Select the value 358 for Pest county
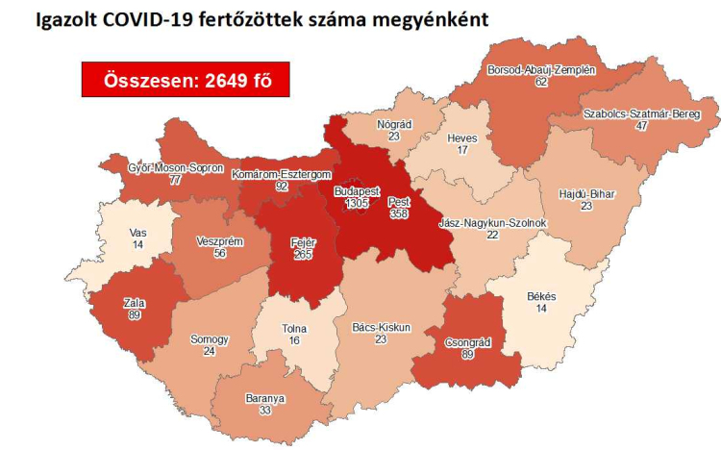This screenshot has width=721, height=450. click(399, 216)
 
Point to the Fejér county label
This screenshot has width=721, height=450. click(304, 242)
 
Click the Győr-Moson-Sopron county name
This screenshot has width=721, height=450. click(176, 166)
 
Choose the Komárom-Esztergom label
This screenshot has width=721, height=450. click(282, 174)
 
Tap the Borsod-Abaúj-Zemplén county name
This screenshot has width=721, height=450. click(542, 70)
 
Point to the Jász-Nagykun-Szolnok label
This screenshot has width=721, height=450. click(492, 223)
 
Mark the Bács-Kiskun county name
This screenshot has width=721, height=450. click(381, 327)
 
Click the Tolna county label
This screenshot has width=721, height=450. click(294, 329)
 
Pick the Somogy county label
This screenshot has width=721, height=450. click(211, 340)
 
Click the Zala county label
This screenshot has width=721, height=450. click(135, 301)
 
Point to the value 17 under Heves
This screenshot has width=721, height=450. click(462, 150)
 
